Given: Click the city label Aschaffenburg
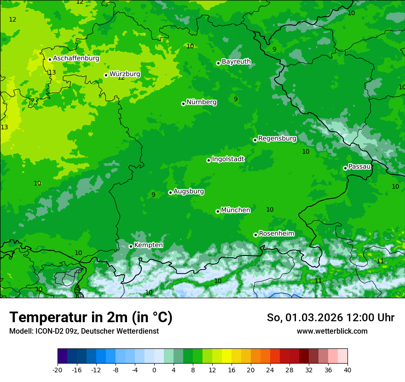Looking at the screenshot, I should [x=76, y=58].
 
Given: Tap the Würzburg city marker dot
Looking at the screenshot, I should [x=106, y=75].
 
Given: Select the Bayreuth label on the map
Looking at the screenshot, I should [x=236, y=61].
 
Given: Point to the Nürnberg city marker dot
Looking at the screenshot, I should [x=183, y=104].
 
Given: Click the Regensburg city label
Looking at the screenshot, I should [x=277, y=138].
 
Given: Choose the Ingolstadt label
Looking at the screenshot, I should [x=228, y=159].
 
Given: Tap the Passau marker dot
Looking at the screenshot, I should [x=345, y=168].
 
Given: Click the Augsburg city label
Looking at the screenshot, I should [x=189, y=191].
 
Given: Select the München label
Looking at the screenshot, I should [x=236, y=210].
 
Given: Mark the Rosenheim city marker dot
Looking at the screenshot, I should [x=255, y=235].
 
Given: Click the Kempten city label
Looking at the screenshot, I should [x=148, y=245].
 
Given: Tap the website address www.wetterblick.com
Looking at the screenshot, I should [x=332, y=331].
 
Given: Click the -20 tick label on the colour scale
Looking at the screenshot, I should [x=58, y=370].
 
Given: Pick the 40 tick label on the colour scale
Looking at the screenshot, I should [x=347, y=370].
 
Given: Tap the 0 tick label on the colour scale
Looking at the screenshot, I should [x=154, y=370].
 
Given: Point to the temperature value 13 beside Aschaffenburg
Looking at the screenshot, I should [x=52, y=72].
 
